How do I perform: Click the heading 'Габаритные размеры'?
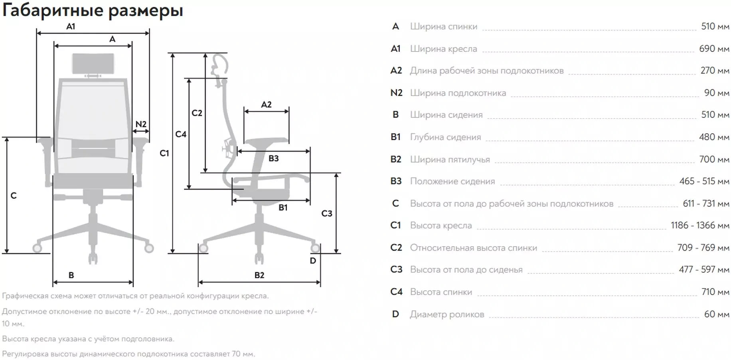(93, 10)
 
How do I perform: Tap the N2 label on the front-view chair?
(141, 124)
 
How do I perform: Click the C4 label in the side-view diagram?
(181, 134)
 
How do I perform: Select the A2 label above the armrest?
(266, 105)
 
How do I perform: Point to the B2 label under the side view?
(259, 275)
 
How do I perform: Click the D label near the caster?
(313, 261)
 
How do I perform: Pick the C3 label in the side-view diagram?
(327, 214)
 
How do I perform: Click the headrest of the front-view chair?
(93, 63)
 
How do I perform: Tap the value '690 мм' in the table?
(714, 49)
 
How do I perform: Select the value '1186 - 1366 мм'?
(700, 225)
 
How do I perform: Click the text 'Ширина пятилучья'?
(450, 159)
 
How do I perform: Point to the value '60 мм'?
(717, 314)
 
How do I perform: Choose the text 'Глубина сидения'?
(445, 137)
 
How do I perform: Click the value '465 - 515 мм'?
(705, 181)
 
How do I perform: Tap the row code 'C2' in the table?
(396, 247)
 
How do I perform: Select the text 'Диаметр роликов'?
(447, 315)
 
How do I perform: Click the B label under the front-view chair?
(71, 275)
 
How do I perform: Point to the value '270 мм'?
(715, 71)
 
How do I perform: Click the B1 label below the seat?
(283, 208)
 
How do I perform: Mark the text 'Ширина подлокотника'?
(458, 93)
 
